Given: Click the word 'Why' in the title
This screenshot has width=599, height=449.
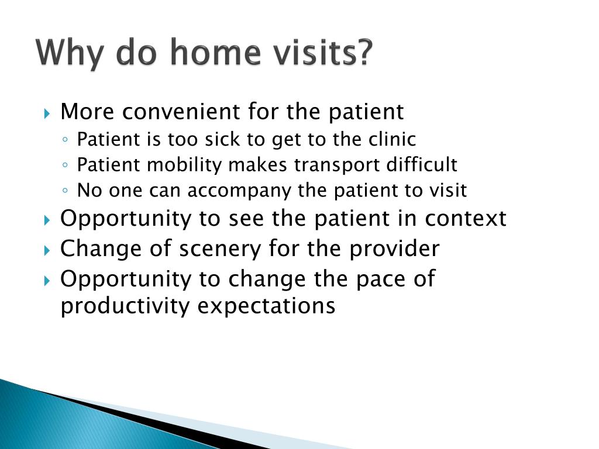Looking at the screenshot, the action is point(70,53).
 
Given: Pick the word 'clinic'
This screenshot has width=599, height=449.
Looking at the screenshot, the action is point(393,139).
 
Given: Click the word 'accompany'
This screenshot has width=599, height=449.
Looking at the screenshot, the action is point(239,191).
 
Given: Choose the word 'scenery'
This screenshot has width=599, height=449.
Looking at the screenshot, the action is point(220,249).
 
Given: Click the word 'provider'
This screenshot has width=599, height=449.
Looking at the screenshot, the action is point(395,248).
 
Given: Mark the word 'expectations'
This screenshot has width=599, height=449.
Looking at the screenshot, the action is point(266,306).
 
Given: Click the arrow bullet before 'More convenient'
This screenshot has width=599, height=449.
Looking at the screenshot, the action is point(47,113).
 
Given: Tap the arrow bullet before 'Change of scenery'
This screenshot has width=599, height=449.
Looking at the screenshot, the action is point(47,251).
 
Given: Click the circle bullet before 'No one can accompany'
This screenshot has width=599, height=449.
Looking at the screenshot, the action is point(66,191).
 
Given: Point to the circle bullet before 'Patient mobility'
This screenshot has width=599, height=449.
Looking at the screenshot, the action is point(66,165).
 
